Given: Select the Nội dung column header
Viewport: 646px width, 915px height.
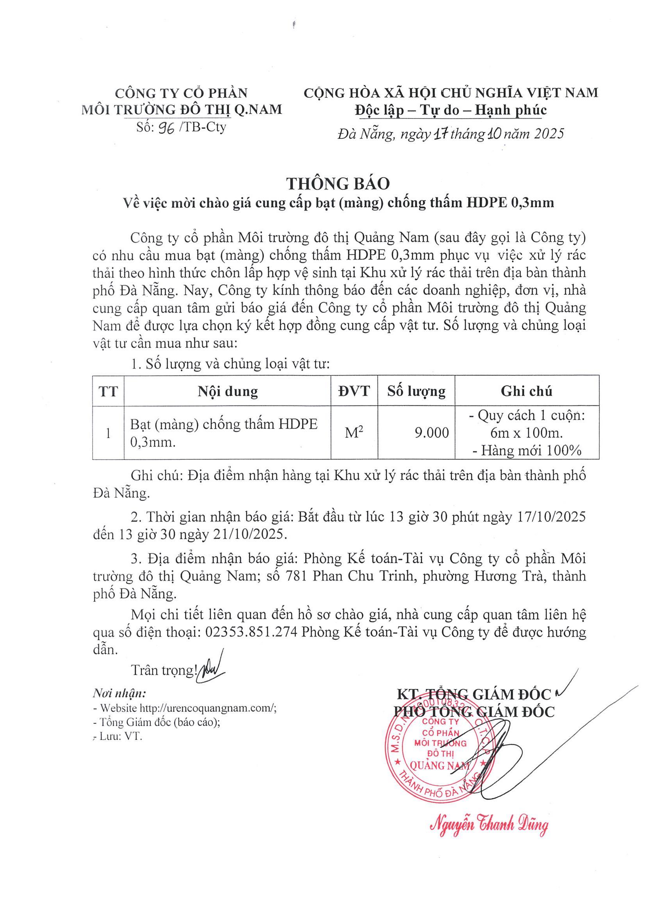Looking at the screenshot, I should click(228, 391).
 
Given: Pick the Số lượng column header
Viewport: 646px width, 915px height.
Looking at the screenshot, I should click(416, 391).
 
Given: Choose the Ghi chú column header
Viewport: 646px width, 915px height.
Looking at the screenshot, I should click(526, 391).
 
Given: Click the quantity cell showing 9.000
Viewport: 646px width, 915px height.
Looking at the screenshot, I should click(431, 433).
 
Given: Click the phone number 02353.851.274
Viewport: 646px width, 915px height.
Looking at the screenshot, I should click(251, 632).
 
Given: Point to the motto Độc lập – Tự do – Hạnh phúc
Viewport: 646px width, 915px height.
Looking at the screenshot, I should click(451, 110).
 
